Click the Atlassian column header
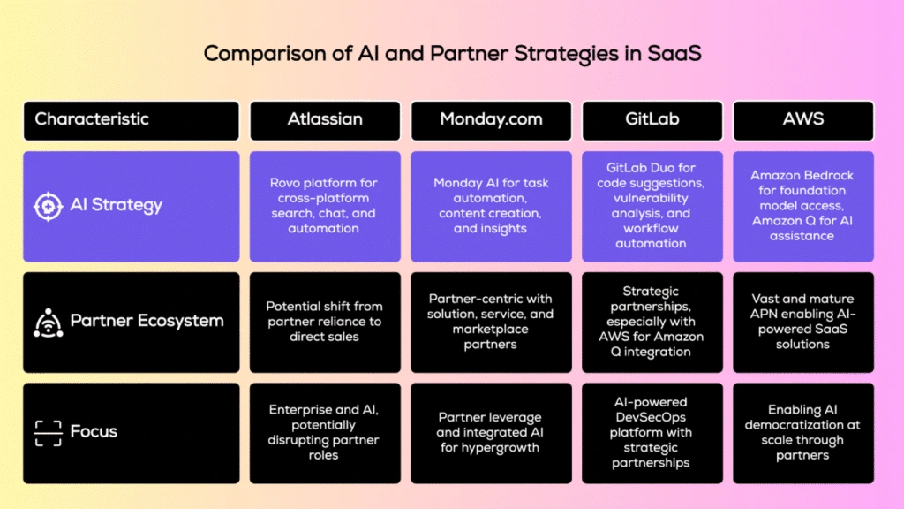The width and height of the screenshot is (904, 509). pyautogui.click(x=324, y=119)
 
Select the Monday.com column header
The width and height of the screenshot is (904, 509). pyautogui.click(x=491, y=119)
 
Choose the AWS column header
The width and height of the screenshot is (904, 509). pyautogui.click(x=802, y=119)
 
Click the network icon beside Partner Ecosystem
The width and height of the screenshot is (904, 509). pyautogui.click(x=48, y=322)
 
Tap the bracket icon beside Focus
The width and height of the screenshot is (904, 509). pyautogui.click(x=48, y=432)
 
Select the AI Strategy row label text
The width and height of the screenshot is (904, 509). pyautogui.click(x=116, y=206)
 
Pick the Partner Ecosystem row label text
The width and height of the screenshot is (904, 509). pyautogui.click(x=147, y=321)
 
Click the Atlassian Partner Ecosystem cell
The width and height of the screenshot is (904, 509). pyautogui.click(x=324, y=321)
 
